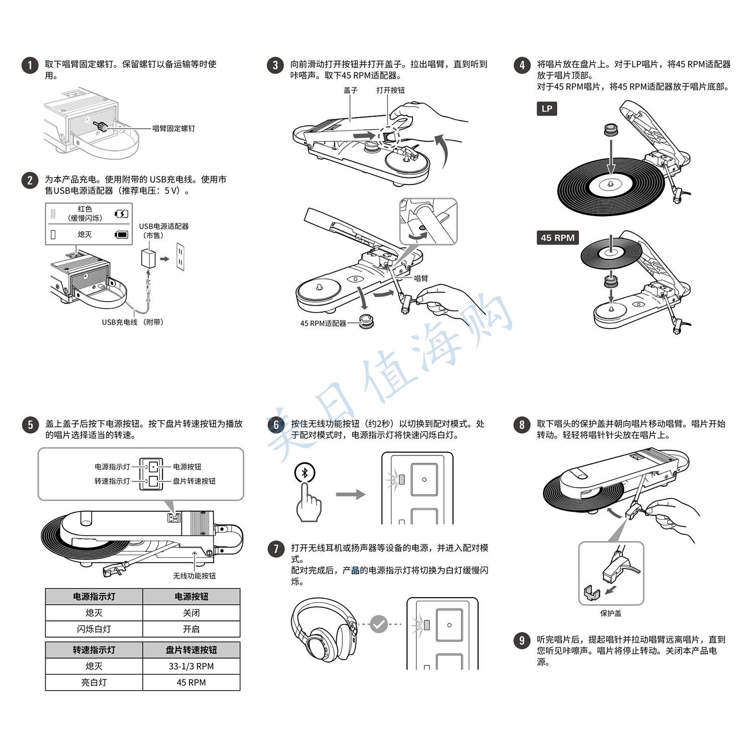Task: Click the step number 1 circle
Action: (30, 65)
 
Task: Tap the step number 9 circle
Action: (522, 640)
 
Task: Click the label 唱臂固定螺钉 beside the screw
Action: (173, 129)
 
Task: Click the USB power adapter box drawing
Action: (149, 258)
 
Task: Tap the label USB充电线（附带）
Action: (133, 322)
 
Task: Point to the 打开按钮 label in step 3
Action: (390, 90)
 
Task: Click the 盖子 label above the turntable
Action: (350, 90)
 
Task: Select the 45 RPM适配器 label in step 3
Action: (323, 324)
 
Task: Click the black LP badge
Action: (547, 109)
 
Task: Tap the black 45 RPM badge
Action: (557, 238)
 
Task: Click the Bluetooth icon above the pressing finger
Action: (305, 473)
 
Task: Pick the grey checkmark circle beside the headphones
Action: (379, 624)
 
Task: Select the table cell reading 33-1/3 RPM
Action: (191, 666)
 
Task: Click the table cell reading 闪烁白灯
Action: (94, 629)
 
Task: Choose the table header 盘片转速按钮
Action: (191, 650)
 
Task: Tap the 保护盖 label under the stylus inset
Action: (611, 613)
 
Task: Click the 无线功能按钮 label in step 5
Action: (194, 576)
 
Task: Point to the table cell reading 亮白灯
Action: (94, 682)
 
